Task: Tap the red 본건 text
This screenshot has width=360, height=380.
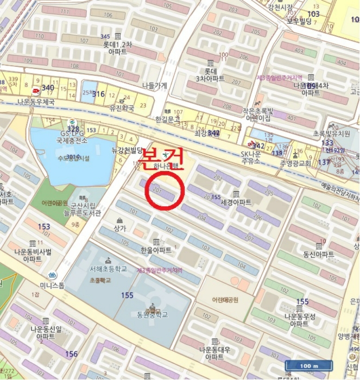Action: coord(163,157)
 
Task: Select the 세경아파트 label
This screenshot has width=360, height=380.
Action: coord(237,202)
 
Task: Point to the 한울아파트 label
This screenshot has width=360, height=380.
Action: coord(156,250)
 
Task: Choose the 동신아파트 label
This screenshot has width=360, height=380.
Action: coord(319,254)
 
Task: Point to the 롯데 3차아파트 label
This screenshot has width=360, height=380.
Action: coord(210,74)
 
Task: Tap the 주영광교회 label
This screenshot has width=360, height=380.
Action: coord(298,163)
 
